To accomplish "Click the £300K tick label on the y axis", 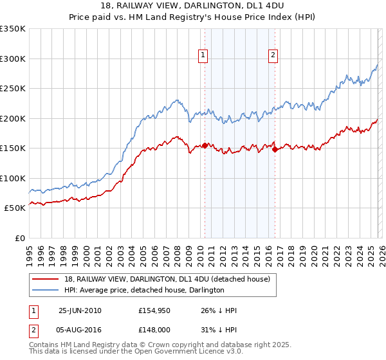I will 13,59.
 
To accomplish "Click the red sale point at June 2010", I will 205,145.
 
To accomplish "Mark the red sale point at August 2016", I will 275,149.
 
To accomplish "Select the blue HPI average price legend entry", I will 143,290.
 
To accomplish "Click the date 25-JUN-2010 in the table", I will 80,310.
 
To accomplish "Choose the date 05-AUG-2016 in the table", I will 80,331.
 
